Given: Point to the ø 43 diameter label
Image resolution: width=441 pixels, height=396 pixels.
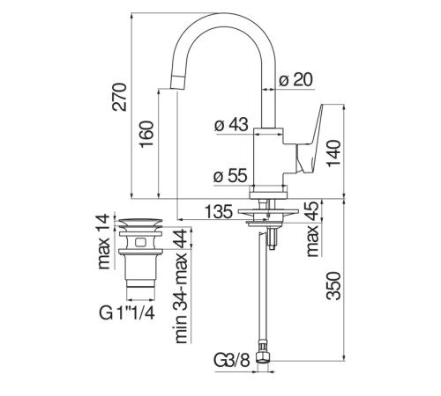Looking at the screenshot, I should tap(230, 126).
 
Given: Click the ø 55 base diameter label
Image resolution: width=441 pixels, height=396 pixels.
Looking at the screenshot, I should tap(230, 175).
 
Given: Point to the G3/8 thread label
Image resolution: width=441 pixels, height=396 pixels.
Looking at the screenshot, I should tap(231, 360).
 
